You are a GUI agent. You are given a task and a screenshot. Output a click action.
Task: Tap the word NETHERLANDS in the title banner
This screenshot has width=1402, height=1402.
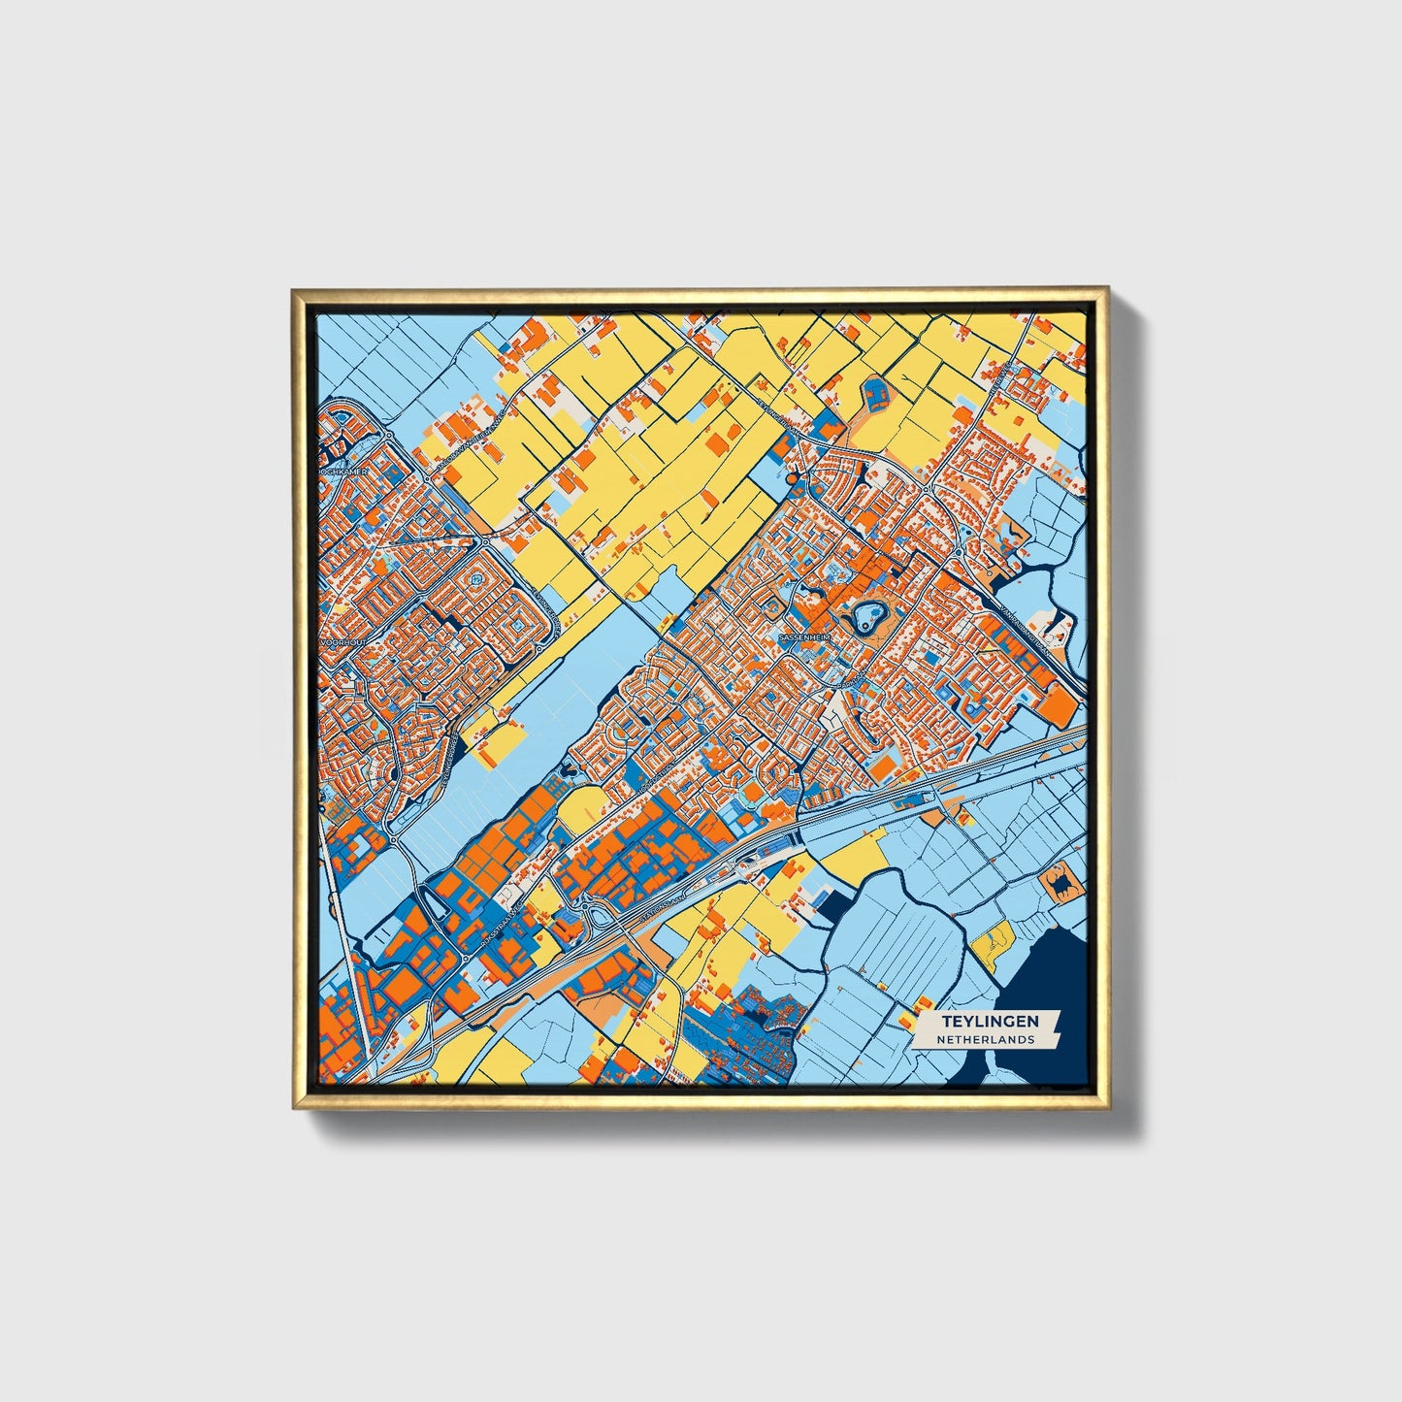click(x=985, y=1039)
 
